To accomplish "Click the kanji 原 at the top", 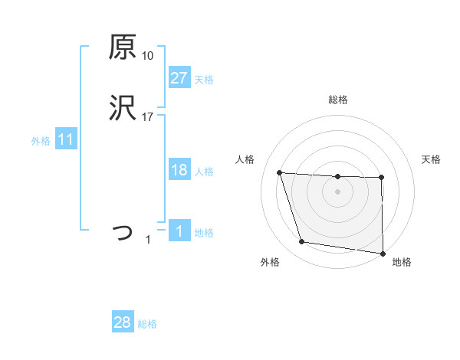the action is coord(123,47).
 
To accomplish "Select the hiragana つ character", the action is coord(123,232).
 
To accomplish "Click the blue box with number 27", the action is coord(179,77).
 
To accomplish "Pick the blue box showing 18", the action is coord(179,170).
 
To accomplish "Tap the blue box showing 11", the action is coord(65,140).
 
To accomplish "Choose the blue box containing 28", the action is coord(122,322).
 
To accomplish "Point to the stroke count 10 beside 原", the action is coord(147,56).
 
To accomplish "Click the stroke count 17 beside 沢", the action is coord(147,117).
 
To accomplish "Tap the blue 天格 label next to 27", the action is coord(204,79).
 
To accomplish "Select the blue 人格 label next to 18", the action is coord(204,172).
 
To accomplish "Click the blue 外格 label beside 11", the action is coord(41,141).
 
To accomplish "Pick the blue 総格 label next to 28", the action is coord(147,324).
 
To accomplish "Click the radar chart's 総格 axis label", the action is coord(338,100).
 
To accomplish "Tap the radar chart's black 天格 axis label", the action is coord(432,159).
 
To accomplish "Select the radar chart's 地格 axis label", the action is coord(402,262).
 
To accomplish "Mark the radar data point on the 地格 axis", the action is coord(383,254).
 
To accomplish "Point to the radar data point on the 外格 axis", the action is coord(302,242).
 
